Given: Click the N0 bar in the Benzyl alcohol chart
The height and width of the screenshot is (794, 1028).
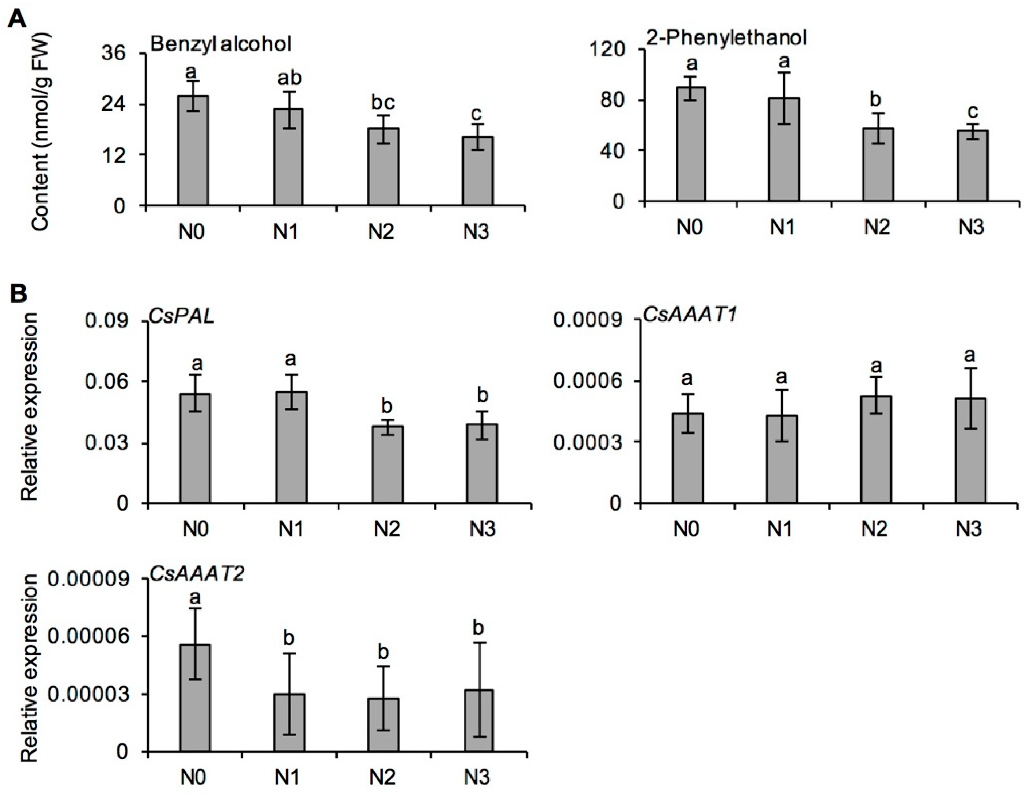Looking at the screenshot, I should tap(193, 151).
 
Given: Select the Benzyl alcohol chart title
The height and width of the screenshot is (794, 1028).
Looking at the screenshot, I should tap(221, 44).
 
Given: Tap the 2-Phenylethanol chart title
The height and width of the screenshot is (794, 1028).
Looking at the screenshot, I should tap(726, 37).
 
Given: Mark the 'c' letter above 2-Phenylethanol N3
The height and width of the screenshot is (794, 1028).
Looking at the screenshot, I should tap(972, 112).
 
